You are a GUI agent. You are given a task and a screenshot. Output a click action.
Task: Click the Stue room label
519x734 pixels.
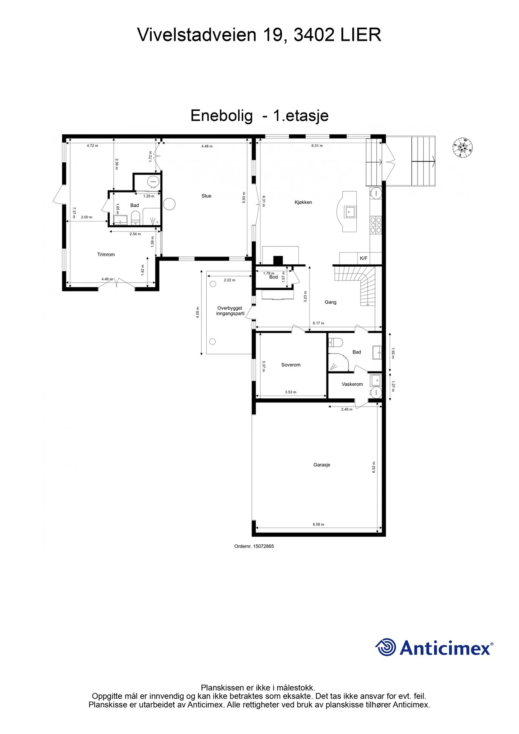(x=206, y=196)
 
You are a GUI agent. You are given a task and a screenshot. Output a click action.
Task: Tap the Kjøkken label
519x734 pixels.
(x=303, y=202)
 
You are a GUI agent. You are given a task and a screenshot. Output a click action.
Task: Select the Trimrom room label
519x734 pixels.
(x=106, y=254)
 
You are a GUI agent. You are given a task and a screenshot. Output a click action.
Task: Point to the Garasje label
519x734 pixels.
(x=322, y=465)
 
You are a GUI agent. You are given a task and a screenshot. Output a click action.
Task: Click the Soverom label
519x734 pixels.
(x=291, y=365)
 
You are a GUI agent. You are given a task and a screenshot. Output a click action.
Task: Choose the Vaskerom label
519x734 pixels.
(x=352, y=384)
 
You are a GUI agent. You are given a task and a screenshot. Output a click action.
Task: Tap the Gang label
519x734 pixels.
(x=331, y=302)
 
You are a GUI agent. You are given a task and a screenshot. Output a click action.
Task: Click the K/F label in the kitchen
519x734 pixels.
(x=364, y=258)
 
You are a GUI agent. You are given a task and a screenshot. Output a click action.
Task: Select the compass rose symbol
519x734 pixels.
(x=463, y=148)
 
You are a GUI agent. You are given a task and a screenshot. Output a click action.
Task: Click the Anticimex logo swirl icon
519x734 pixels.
(x=386, y=647)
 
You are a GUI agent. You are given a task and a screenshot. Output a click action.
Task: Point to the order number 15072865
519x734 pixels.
(x=263, y=546)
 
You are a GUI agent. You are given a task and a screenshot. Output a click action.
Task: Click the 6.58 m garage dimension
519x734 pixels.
(x=318, y=524)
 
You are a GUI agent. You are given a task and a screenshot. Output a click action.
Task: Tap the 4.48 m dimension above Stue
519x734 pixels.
(x=207, y=146)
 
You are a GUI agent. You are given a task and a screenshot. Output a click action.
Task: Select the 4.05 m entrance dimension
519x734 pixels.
(x=198, y=312)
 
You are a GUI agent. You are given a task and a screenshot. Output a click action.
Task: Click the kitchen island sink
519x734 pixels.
(x=350, y=212)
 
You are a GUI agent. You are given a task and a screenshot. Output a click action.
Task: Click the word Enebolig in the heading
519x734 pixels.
(x=221, y=116)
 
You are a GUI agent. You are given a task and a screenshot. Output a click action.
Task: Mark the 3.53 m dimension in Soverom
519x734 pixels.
(x=291, y=392)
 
